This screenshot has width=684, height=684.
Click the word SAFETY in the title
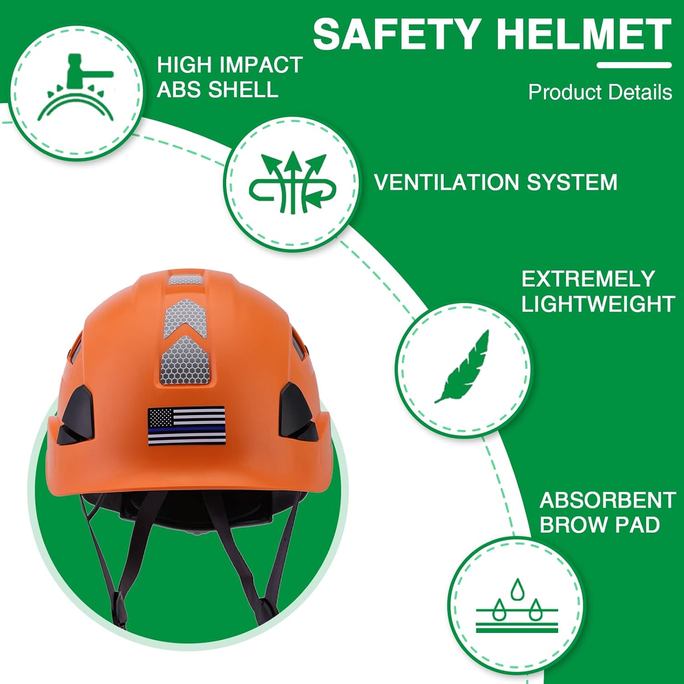tap(395, 35)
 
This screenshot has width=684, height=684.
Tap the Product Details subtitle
tap(600, 93)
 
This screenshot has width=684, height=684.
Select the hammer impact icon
tap(76, 89)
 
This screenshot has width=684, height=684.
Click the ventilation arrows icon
tap(292, 183)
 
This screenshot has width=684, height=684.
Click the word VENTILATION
tap(447, 182)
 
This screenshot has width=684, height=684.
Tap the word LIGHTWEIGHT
tap(598, 304)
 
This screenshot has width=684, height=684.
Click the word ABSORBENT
tap(607, 501)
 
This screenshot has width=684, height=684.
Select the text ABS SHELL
tap(218, 89)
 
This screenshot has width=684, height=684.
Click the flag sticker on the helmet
tap(187, 426)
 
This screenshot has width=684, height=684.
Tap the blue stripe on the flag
tap(187, 429)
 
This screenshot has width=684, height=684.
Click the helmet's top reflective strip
tap(186, 280)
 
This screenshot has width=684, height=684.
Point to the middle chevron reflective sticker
tap(185, 319)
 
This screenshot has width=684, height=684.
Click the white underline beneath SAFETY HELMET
tap(634, 65)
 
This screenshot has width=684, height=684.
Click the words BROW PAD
tap(600, 525)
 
